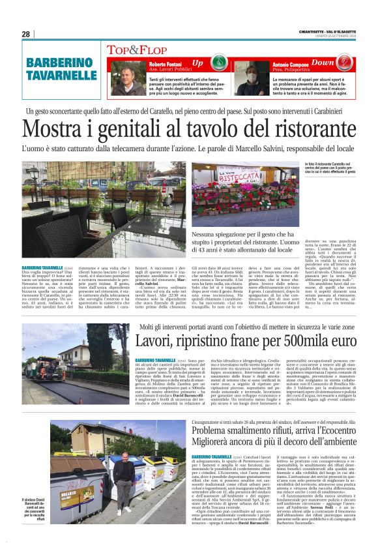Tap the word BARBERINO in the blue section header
[x=57, y=63]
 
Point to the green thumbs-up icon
[x=216, y=64]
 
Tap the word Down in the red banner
[x=323, y=63]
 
